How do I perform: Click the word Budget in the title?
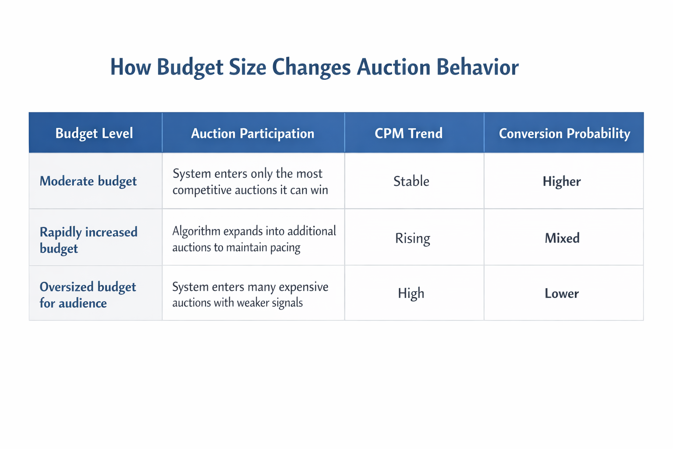(x=190, y=68)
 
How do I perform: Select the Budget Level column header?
(x=94, y=133)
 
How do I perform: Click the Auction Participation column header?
(x=252, y=133)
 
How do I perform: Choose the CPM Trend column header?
(x=408, y=133)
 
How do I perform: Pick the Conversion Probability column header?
(x=564, y=133)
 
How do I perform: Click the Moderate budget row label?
(x=88, y=181)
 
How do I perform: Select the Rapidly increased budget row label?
(x=89, y=240)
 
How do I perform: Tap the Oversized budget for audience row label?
(x=88, y=295)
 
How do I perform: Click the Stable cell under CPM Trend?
(x=411, y=181)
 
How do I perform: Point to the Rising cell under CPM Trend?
(x=412, y=238)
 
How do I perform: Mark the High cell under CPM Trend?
(x=411, y=293)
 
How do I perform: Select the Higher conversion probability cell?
(x=562, y=181)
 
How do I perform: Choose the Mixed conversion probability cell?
(x=562, y=238)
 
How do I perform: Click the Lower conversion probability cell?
(x=562, y=293)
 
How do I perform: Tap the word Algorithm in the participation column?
(x=196, y=231)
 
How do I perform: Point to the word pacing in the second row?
(x=285, y=248)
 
